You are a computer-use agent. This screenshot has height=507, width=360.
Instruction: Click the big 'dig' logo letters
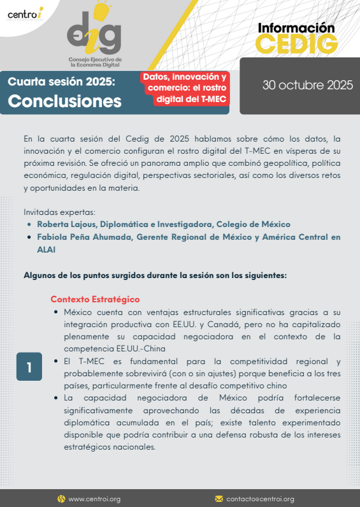point(94,32)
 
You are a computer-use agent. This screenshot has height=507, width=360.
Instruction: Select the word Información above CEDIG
point(296,28)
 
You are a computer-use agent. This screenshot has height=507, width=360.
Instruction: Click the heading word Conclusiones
point(64,101)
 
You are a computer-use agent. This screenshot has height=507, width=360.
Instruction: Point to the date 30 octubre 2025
point(308,85)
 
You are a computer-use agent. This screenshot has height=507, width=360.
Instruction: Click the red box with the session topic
point(185,88)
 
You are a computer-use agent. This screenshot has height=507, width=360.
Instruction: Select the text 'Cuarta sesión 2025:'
point(61,82)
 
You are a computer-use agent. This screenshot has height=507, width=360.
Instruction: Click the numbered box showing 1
point(29,367)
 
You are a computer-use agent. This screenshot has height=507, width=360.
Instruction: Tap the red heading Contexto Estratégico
point(95,299)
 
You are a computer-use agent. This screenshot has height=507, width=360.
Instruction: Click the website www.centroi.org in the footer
point(94,499)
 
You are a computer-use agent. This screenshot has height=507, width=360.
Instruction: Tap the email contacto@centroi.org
point(260,499)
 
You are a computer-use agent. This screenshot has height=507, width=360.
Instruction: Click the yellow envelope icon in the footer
point(219,499)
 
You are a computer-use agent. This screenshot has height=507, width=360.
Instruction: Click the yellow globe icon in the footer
point(61,499)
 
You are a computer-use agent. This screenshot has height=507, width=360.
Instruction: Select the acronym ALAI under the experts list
point(48,250)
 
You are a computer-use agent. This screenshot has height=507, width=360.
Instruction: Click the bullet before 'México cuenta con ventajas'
point(57,312)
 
